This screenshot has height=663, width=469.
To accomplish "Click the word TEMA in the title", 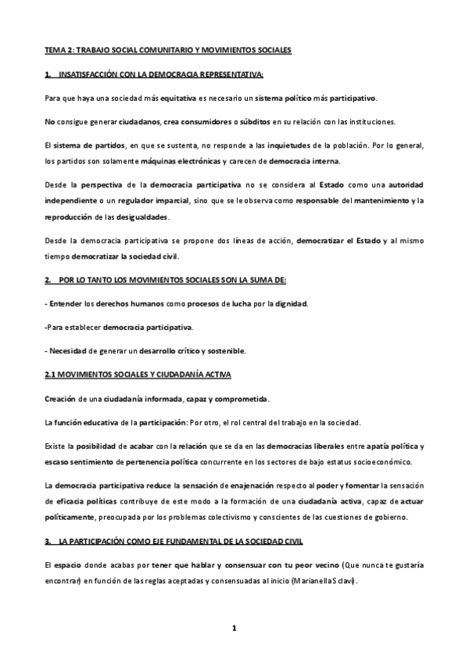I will click(54, 50).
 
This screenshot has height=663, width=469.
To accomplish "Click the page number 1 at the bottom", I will click(233, 628).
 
